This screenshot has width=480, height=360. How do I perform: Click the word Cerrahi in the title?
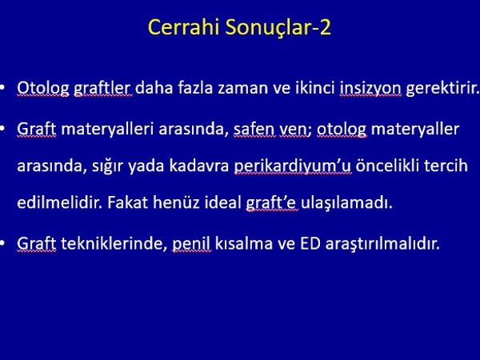pos(184,27)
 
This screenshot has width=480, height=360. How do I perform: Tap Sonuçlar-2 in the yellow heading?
pos(278,27)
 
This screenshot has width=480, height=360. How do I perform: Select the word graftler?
pos(102,89)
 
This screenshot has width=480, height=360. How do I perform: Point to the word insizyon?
pos(370,89)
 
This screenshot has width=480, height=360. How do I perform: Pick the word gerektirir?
pos(442,89)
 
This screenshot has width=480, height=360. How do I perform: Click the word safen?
pos(254,129)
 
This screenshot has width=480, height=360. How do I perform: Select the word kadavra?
pos(199,166)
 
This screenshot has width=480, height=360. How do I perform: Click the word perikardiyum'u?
pos(293,166)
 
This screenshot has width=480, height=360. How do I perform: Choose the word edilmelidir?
pos(60,202)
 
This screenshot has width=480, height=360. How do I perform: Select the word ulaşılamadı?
pos(346,203)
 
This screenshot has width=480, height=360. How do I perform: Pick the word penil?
pos(192,244)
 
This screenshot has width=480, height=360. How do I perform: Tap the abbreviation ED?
pos(310,244)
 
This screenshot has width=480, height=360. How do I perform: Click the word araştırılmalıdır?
pos(382,244)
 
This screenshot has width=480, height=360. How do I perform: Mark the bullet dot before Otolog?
pos(2,87)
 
